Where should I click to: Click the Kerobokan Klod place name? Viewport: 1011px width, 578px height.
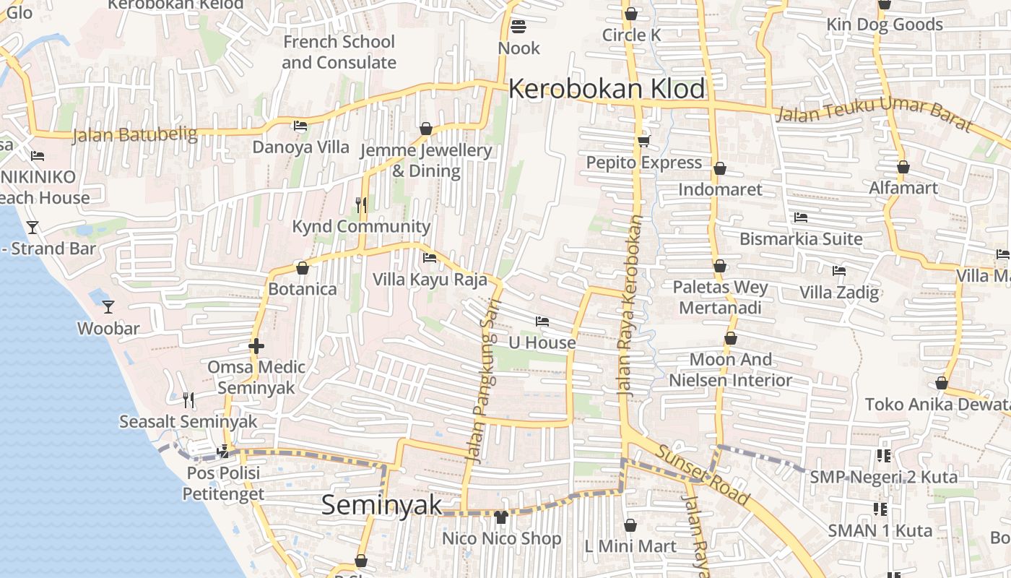tap(607, 89)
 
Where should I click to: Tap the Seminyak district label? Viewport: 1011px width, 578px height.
tap(381, 504)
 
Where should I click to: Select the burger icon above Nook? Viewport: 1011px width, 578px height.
tap(518, 27)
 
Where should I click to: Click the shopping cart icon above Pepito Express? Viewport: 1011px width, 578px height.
tap(643, 141)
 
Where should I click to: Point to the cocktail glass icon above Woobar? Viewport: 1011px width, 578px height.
tap(108, 307)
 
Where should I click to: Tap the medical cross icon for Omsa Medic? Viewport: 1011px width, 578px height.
tap(256, 347)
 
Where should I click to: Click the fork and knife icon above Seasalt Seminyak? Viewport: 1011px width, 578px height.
tap(188, 400)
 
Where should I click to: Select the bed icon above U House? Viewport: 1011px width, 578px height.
tap(542, 322)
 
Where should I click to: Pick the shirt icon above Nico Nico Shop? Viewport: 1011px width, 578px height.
tap(501, 517)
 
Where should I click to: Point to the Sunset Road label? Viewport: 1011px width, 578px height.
tap(702, 475)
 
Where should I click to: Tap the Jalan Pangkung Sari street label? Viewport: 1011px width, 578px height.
tap(484, 380)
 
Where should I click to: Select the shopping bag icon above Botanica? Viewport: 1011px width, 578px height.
tap(303, 269)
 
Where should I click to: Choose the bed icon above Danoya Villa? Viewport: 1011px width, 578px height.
tap(300, 126)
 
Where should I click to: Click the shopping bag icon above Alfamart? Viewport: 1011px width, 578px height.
tap(903, 168)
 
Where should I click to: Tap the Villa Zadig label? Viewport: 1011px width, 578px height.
tap(839, 293)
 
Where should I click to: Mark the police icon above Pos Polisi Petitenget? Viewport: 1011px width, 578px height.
tap(223, 452)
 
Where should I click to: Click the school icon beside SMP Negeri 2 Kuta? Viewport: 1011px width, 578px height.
tap(883, 456)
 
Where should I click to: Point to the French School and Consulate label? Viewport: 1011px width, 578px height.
tap(339, 52)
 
